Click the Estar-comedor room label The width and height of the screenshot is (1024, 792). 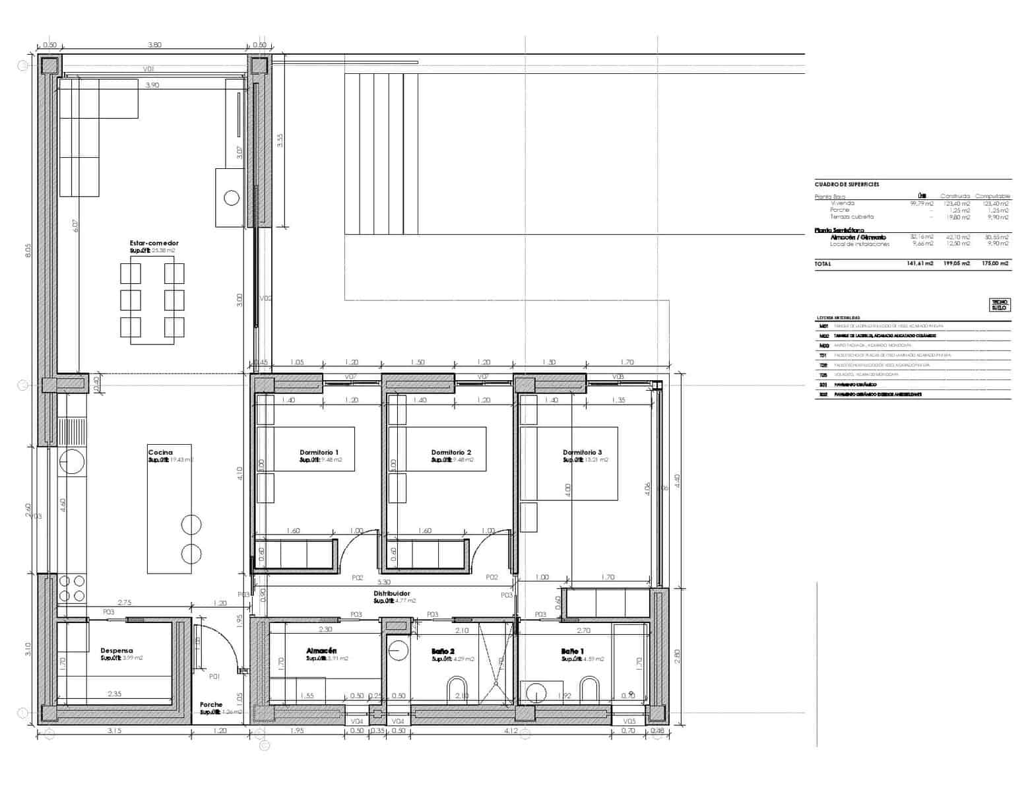(154, 244)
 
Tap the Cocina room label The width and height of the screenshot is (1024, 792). (160, 453)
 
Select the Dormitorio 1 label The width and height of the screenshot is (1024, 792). (319, 453)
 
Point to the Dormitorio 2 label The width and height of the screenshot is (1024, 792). (451, 453)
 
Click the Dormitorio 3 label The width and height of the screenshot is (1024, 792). (582, 453)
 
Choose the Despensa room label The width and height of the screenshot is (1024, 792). (117, 651)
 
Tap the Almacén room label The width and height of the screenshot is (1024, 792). (321, 651)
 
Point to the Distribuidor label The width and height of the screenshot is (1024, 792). (391, 594)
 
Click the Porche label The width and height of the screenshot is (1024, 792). (211, 705)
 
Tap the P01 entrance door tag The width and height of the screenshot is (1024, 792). (214, 676)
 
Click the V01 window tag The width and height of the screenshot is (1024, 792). (148, 69)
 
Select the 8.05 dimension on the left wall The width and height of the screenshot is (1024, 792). (28, 251)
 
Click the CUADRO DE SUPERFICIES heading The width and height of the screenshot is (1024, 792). (847, 185)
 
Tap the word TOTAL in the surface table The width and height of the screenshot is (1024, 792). (823, 264)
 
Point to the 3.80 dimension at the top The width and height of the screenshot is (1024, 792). (154, 46)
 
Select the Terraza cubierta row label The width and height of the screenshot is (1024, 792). (852, 217)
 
